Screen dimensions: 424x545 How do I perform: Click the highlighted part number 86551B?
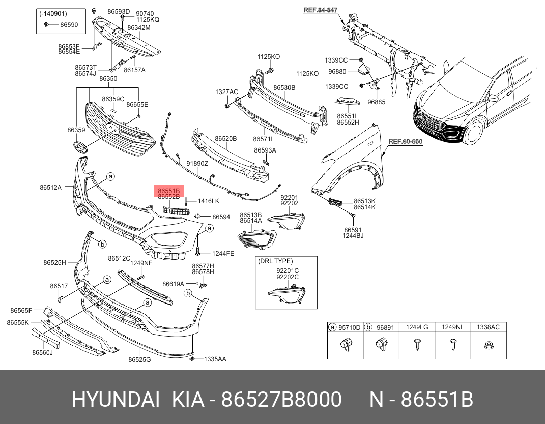(168, 190)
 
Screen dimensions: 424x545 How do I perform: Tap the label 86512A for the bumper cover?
(50, 187)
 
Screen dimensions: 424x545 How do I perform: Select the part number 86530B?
(284, 88)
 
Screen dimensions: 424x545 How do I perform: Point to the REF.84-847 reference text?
(321, 10)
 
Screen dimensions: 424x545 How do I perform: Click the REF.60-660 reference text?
(405, 141)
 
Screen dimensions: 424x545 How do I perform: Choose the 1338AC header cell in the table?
(488, 327)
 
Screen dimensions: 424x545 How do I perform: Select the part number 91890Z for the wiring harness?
(197, 164)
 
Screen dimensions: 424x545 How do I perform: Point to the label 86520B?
(225, 138)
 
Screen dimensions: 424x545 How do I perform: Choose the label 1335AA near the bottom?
(215, 359)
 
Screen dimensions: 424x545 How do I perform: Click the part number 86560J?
(42, 352)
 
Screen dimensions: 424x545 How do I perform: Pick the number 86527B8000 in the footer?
(281, 400)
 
